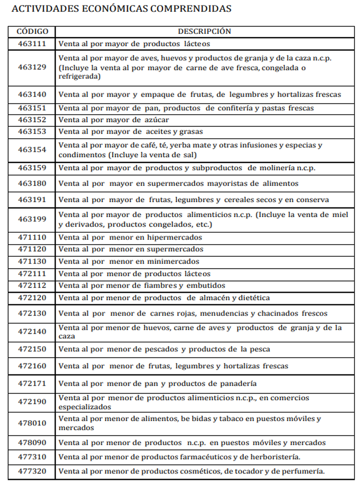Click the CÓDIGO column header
[x=32, y=31]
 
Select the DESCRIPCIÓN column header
[x=204, y=31]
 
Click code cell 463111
[x=32, y=44]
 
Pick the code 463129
[x=32, y=67]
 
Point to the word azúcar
[x=157, y=120]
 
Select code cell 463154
[x=32, y=150]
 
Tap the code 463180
[x=32, y=184]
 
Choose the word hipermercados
[x=174, y=238]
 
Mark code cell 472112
[x=32, y=285]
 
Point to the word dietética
[x=254, y=298]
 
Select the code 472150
[x=32, y=349]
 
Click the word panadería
[x=238, y=384]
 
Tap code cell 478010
[x=32, y=423]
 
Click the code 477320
[x=32, y=471]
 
